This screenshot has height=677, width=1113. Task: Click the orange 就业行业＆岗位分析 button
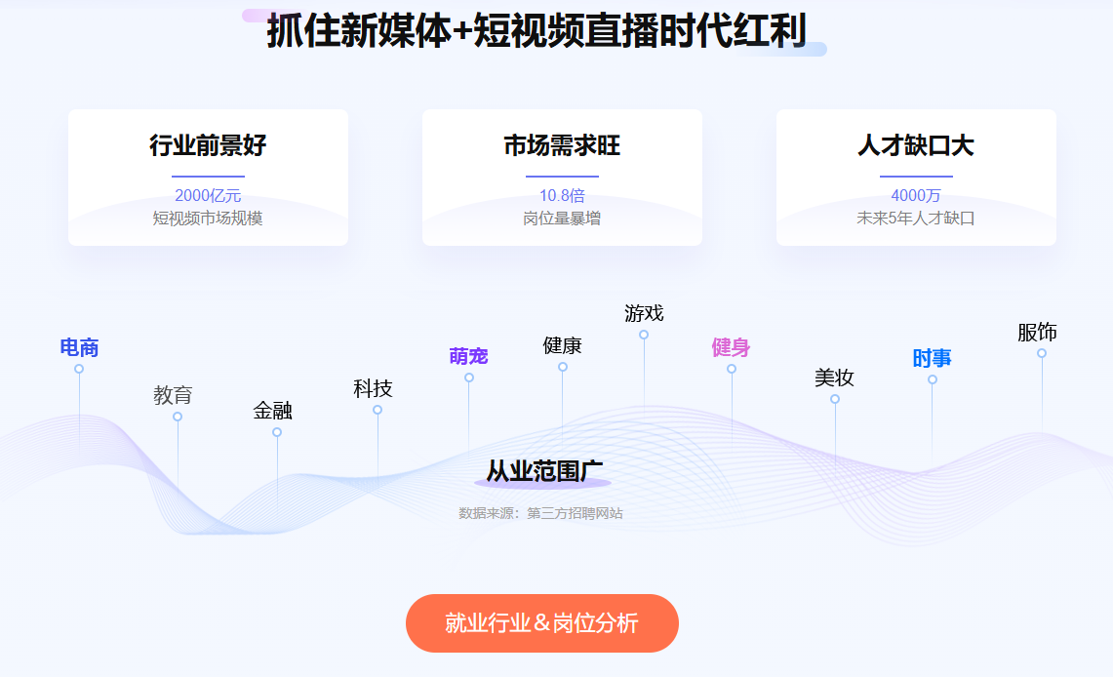point(542,623)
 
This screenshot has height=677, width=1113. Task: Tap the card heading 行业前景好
point(208,145)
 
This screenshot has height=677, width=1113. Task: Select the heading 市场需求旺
point(562,145)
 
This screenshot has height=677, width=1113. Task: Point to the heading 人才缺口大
point(916,145)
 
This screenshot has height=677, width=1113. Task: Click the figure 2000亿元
point(208,195)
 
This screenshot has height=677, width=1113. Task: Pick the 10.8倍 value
point(562,195)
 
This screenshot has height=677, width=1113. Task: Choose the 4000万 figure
point(916,195)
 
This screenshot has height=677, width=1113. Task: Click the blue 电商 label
point(79,347)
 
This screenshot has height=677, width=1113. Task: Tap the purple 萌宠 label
point(468,356)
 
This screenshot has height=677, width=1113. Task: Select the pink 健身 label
point(732,347)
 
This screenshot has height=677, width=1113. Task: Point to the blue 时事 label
point(932,358)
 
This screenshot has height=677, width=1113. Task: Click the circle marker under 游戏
point(644,335)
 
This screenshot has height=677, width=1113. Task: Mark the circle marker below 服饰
point(1042,353)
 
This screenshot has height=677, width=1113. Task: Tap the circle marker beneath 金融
point(277,432)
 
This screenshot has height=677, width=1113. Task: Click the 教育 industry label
point(174,395)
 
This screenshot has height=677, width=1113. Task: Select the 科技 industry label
point(373,389)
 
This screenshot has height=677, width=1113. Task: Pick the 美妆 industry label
point(834,378)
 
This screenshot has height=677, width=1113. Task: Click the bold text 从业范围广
point(544,471)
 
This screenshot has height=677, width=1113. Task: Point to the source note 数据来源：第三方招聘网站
point(540,513)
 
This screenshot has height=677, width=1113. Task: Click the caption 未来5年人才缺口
point(916,219)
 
